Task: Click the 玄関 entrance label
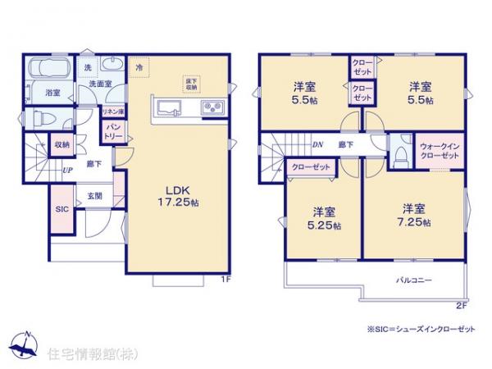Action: click(94, 196)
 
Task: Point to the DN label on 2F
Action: click(317, 145)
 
